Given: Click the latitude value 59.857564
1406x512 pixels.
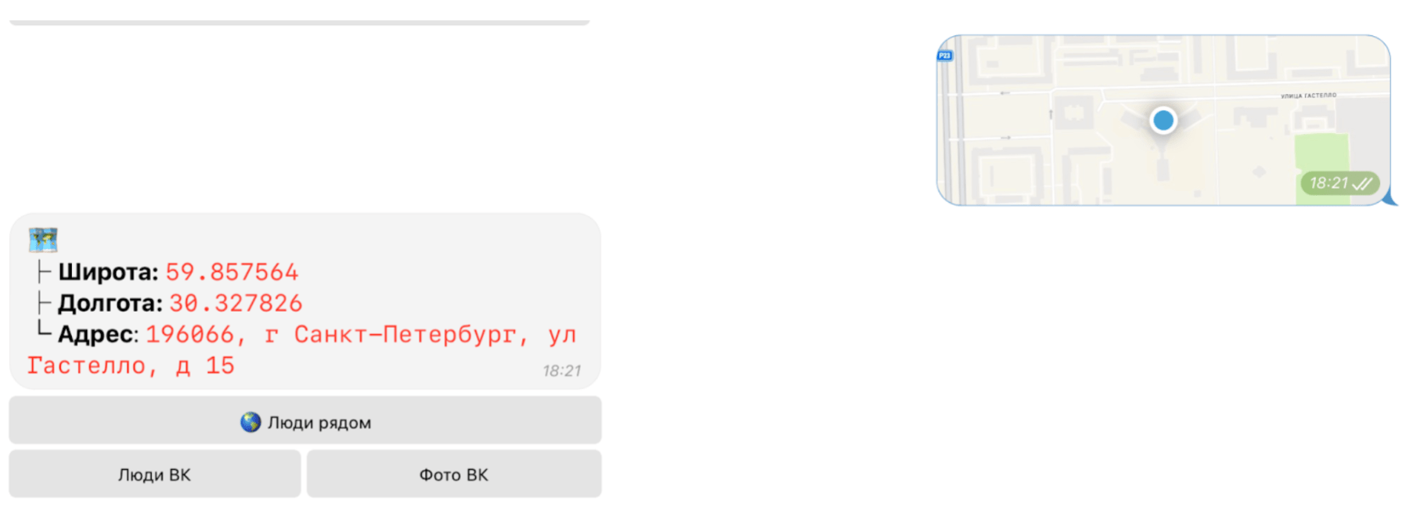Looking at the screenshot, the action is [x=232, y=272].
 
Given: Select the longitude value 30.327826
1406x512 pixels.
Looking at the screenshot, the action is [x=236, y=303].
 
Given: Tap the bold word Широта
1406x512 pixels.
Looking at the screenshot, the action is [x=108, y=272].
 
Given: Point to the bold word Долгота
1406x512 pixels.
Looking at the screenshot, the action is [x=110, y=303].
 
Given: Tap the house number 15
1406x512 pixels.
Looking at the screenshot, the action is [x=220, y=366].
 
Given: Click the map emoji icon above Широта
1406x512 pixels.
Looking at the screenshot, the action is [x=43, y=240].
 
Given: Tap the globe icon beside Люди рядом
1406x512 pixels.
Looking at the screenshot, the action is [x=251, y=422].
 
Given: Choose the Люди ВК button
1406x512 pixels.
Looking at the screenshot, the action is [x=155, y=474].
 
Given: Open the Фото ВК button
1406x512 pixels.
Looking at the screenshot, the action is [x=454, y=474].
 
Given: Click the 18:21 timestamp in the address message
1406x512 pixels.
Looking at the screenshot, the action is [x=562, y=371].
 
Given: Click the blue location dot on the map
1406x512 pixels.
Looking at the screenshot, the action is [x=1163, y=120].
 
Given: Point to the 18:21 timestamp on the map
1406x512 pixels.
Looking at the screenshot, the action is [x=1328, y=183].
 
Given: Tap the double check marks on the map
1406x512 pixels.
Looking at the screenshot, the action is [x=1362, y=184].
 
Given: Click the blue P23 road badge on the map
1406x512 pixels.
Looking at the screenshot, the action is [x=945, y=56].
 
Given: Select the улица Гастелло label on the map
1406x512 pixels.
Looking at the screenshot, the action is [x=1308, y=96].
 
